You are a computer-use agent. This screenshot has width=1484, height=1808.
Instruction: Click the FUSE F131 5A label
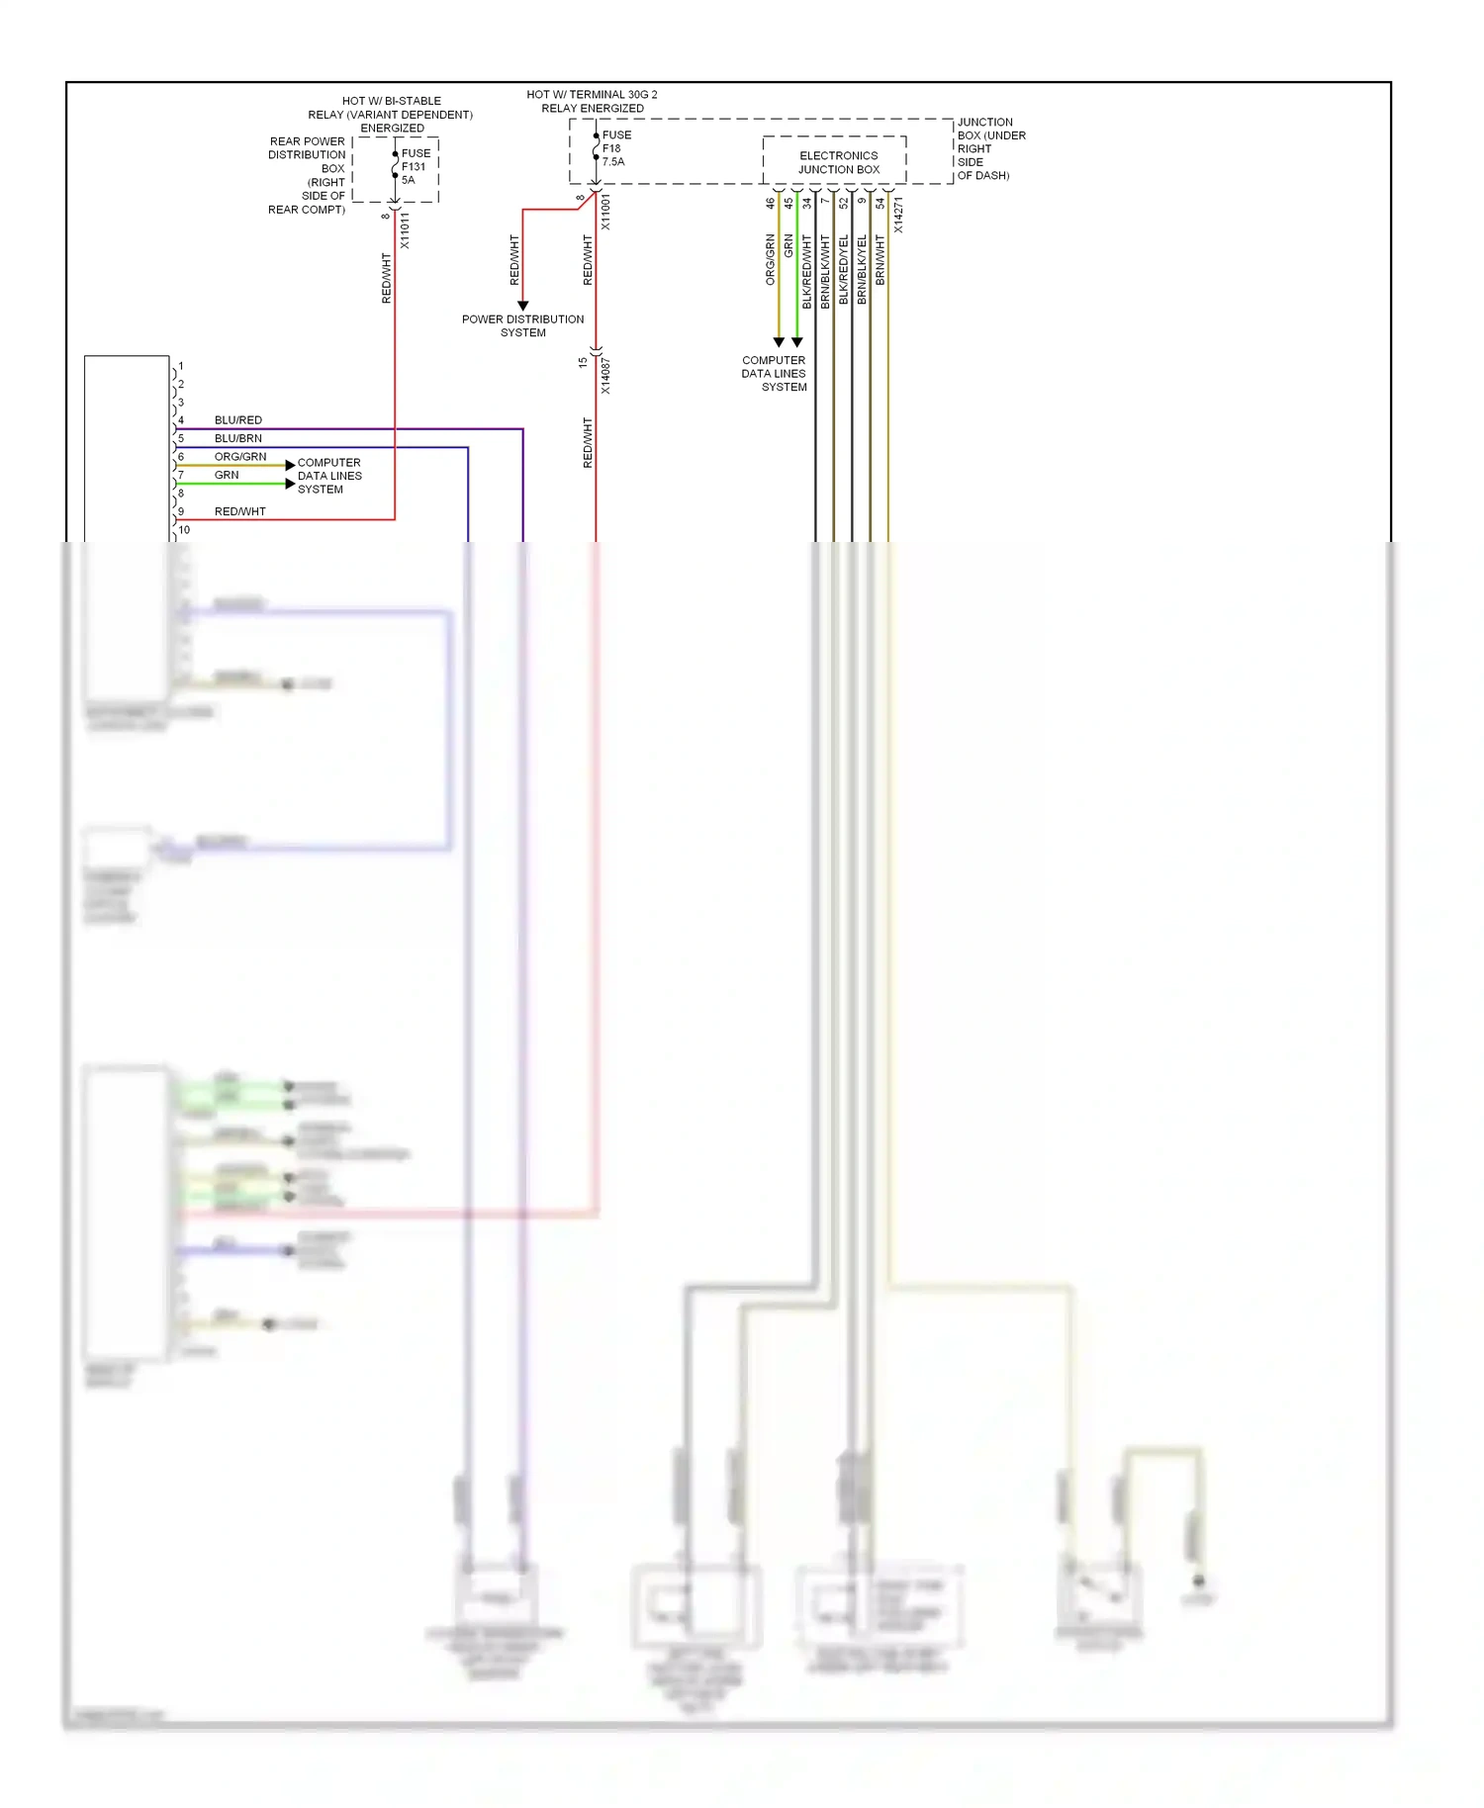[416, 166]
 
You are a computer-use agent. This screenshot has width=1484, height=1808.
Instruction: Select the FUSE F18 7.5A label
[616, 148]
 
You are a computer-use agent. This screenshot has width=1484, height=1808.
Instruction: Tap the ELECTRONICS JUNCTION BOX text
[838, 162]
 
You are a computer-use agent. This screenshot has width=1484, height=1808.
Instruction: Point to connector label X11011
[405, 230]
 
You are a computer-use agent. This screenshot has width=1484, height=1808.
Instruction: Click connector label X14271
[898, 215]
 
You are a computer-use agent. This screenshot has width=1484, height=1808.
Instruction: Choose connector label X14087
[605, 376]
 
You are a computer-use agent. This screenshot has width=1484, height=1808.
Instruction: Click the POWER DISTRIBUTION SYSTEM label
[522, 325]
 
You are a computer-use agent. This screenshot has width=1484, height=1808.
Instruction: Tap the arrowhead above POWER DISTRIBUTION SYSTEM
[522, 306]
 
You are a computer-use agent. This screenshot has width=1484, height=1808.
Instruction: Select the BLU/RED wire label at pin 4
[238, 420]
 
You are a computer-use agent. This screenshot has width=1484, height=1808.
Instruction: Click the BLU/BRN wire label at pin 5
[238, 438]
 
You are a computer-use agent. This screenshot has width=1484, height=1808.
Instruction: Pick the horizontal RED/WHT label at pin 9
[240, 511]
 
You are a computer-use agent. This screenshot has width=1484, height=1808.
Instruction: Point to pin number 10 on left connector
[184, 530]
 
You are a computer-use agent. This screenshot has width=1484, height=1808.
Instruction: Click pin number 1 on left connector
[181, 366]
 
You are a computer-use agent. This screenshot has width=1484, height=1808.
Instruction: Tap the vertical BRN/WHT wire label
[880, 260]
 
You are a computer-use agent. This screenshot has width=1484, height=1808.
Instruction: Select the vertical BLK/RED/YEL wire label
[844, 268]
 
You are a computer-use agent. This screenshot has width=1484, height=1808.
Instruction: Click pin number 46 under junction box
[770, 203]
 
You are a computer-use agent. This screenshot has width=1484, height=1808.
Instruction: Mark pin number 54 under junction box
[880, 203]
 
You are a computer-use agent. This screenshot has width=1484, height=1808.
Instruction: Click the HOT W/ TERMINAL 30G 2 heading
[592, 95]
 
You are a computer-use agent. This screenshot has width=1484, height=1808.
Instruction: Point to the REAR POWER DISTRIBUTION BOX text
[307, 175]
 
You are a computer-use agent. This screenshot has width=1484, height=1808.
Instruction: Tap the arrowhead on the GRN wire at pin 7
[290, 484]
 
